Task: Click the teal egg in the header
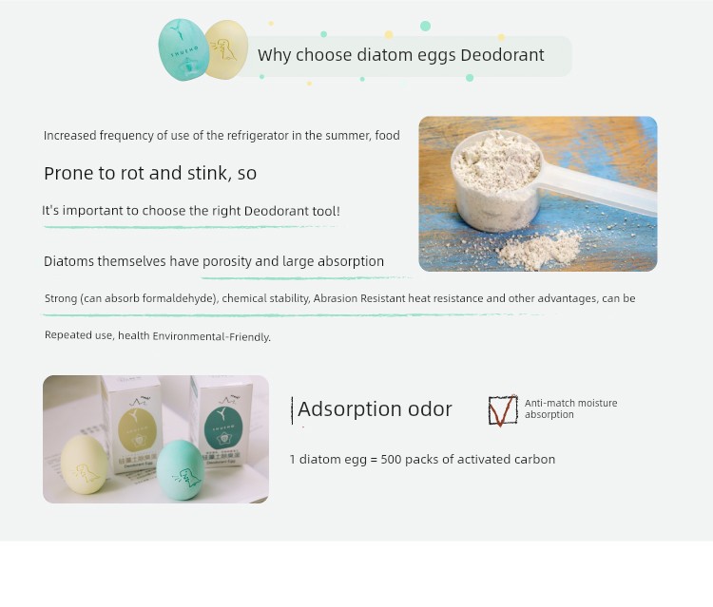click(183, 49)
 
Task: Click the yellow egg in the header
click(227, 49)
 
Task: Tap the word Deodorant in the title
click(502, 55)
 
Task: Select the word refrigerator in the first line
click(258, 136)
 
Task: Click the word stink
click(209, 173)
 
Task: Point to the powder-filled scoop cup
click(497, 180)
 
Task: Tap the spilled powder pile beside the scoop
click(539, 249)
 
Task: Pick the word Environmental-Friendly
click(211, 336)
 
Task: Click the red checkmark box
click(503, 410)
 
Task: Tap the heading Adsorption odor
click(375, 408)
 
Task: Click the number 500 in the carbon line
click(391, 460)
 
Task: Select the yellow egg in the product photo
click(84, 465)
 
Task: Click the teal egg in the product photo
click(181, 470)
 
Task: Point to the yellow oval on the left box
click(137, 429)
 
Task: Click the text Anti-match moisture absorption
click(570, 408)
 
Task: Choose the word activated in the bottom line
click(483, 460)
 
